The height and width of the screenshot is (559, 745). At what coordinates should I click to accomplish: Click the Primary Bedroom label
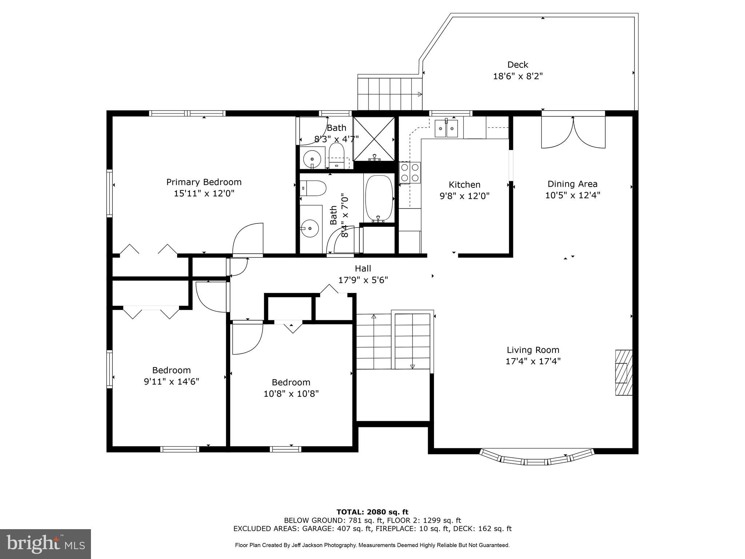coord(204,182)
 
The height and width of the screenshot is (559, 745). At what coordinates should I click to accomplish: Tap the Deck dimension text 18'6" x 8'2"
coord(518,76)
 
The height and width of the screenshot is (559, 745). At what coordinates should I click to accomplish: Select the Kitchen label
coord(464,185)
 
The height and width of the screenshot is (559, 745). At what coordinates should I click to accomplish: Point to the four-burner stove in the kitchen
coord(410,173)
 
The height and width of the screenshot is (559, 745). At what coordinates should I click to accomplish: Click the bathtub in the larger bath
coord(379,198)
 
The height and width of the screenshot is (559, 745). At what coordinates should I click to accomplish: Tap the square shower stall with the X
coord(374,139)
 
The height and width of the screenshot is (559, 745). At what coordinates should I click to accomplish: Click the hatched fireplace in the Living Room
coord(624,372)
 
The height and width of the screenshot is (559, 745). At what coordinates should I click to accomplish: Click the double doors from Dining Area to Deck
coord(573,132)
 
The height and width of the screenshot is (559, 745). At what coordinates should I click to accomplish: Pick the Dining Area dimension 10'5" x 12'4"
coord(572,195)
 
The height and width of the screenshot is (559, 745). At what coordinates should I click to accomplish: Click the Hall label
coord(363,269)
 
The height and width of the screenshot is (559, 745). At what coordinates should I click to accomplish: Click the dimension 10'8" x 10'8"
coord(291,394)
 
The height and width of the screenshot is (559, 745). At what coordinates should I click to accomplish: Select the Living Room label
coord(533,350)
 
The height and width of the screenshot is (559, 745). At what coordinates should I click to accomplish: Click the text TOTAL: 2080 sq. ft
coord(372,512)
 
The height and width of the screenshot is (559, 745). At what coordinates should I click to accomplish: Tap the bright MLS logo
coord(45,544)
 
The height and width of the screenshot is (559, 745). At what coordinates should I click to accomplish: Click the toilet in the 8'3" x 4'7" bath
coord(336,154)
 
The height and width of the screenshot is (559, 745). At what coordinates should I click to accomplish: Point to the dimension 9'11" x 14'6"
coord(171,382)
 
